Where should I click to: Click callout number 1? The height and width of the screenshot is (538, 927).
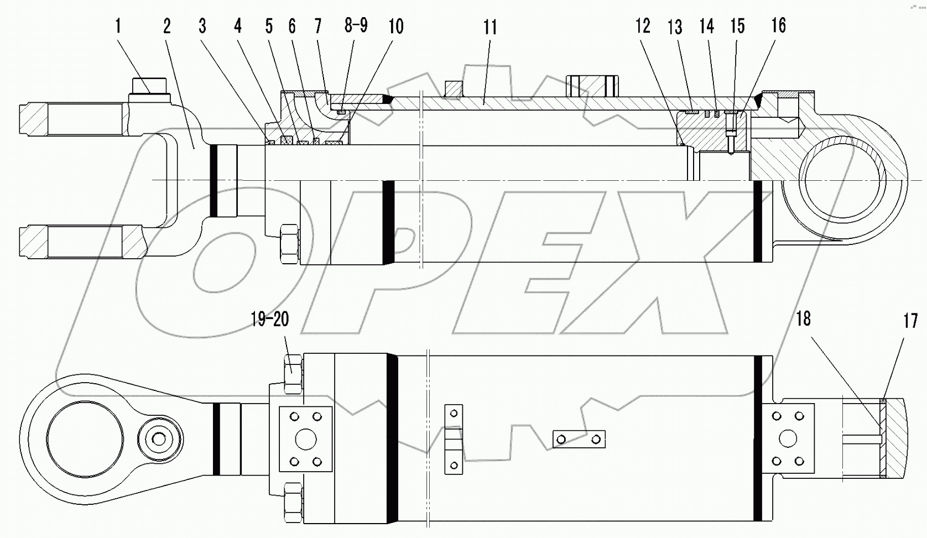pos(118,26)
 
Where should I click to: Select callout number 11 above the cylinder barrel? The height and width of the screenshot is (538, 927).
pos(490,27)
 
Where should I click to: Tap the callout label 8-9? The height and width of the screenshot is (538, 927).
pos(356,25)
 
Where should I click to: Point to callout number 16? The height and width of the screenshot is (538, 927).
pos(778,25)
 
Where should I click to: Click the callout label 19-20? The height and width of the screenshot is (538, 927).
pos(269,319)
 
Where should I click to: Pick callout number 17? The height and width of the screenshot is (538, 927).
pos(910,321)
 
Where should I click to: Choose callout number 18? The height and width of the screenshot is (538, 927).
pos(803,318)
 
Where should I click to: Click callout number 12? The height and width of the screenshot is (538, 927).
pos(643,26)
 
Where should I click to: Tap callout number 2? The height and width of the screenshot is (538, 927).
pos(167,26)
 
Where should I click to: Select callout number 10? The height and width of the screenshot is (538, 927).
pos(396,26)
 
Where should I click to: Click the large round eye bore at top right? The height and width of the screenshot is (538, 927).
pos(842,180)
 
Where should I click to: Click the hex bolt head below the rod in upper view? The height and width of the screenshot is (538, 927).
pos(290,244)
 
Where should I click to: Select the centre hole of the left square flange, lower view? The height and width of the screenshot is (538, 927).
pos(306,440)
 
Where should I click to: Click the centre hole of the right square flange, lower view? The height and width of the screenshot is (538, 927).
pos(788,439)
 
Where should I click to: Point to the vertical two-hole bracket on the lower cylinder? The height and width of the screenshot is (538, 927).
pos(454,440)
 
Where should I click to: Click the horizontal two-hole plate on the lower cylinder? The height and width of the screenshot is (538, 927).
pos(579,439)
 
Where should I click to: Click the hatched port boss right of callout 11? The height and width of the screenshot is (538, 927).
pos(592,86)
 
